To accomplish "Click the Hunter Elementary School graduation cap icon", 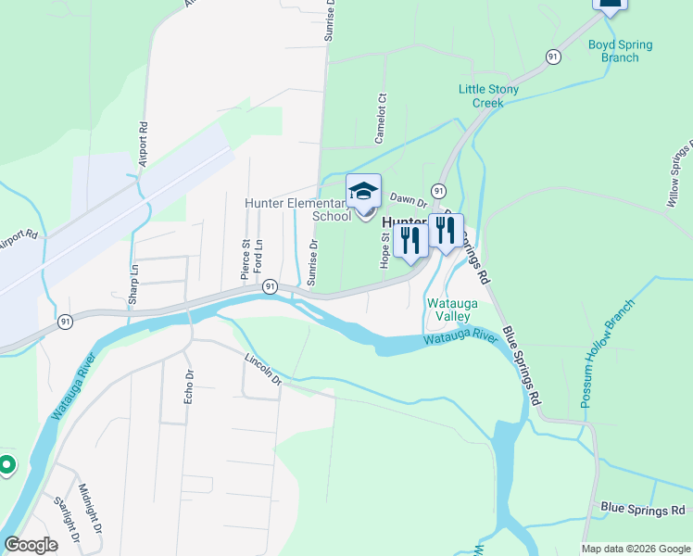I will pyautogui.click(x=363, y=192).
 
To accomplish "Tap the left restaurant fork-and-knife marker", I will pyautogui.click(x=410, y=240).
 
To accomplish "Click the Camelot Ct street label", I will pyautogui.click(x=380, y=120).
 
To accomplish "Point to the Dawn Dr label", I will pyautogui.click(x=407, y=198).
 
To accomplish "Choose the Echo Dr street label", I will pyautogui.click(x=188, y=387).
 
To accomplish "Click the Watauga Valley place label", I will pyautogui.click(x=449, y=310).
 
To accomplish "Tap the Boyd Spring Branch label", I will pyautogui.click(x=620, y=51).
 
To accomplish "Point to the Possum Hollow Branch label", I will pyautogui.click(x=608, y=354).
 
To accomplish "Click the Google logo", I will pyautogui.click(x=31, y=545).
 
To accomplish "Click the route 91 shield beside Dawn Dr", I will pyautogui.click(x=439, y=190).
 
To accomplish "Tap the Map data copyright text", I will pyautogui.click(x=636, y=549).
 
